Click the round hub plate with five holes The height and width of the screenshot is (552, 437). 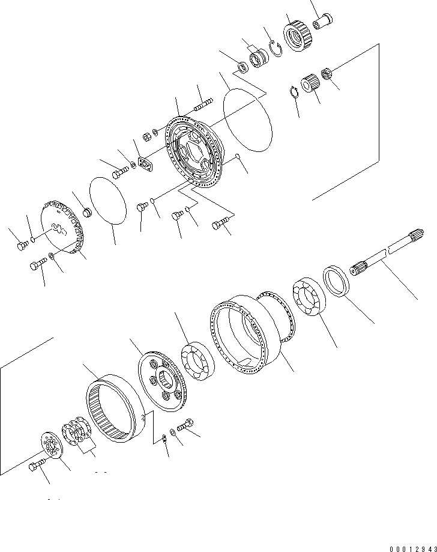click(161, 384)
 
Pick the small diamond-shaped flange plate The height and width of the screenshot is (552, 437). click(144, 165)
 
